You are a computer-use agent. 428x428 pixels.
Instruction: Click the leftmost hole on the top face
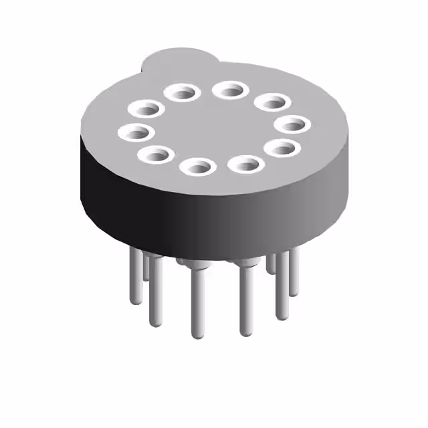pyautogui.click(x=136, y=132)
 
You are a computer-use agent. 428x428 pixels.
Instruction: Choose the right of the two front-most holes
pyautogui.click(x=245, y=163)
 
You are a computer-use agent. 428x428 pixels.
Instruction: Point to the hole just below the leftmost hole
pyautogui.click(x=156, y=155)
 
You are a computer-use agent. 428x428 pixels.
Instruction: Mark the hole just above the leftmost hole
pyautogui.click(x=148, y=107)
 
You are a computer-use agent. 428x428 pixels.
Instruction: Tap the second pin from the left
pyautogui.click(x=146, y=267)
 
